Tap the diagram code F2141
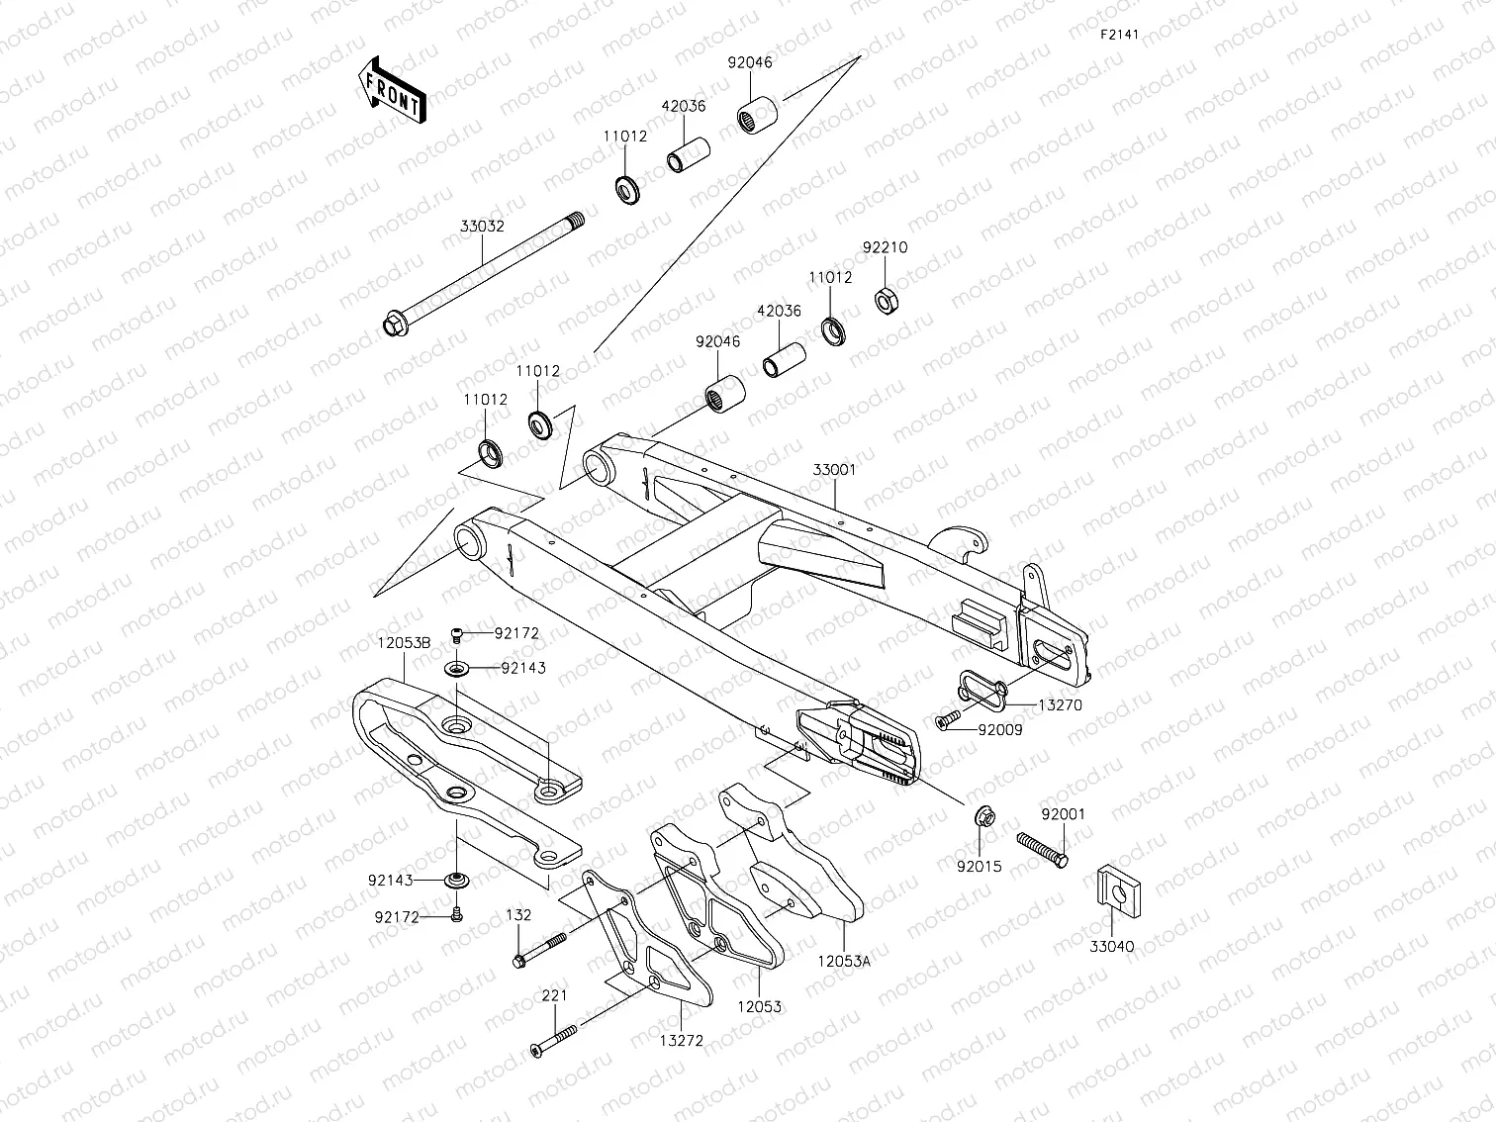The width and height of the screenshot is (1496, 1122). (1120, 34)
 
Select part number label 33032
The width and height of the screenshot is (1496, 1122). (482, 226)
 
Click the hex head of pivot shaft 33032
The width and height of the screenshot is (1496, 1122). (392, 323)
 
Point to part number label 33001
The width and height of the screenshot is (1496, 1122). (834, 471)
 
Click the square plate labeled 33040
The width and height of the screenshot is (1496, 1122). (1114, 893)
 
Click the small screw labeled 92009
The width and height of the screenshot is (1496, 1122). (947, 722)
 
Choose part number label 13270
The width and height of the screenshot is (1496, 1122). (1060, 705)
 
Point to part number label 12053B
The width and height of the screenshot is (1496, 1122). (403, 642)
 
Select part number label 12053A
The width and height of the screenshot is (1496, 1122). (844, 958)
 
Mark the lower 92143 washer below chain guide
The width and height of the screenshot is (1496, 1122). (457, 880)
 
